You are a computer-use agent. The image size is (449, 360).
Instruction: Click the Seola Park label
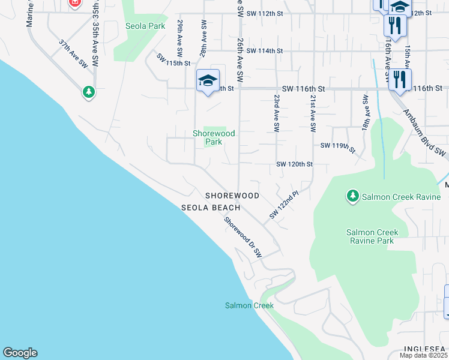pyautogui.click(x=145, y=26)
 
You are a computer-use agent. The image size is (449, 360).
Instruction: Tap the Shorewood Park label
pyautogui.click(x=214, y=137)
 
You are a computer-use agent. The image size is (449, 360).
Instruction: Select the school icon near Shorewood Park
pyautogui.click(x=208, y=81)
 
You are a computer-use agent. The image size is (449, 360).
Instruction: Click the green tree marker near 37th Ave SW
pyautogui.click(x=89, y=92)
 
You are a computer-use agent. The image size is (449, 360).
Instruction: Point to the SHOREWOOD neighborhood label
pyautogui.click(x=232, y=196)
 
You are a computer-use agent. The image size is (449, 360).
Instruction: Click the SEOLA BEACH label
pyautogui.click(x=211, y=208)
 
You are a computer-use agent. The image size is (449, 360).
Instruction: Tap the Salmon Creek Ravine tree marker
pyautogui.click(x=353, y=196)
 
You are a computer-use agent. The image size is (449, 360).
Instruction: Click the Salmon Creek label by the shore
pyautogui.click(x=249, y=305)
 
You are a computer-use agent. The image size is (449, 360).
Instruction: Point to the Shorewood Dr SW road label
pyautogui.click(x=243, y=237)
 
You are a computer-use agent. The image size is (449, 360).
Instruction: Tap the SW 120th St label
pyautogui.click(x=294, y=164)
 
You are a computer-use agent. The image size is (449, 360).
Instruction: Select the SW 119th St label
pyautogui.click(x=338, y=146)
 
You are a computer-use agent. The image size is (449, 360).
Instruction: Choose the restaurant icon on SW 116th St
pyautogui.click(x=400, y=80)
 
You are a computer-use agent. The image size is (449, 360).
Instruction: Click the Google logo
pyautogui.click(x=20, y=353)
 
